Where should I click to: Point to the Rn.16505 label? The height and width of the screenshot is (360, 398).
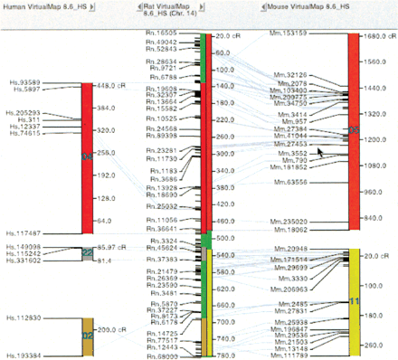161,33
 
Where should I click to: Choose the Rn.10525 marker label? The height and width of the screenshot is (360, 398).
161,118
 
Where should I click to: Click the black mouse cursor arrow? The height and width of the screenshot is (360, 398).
318,152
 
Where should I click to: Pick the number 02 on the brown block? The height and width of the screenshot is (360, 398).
87,334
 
